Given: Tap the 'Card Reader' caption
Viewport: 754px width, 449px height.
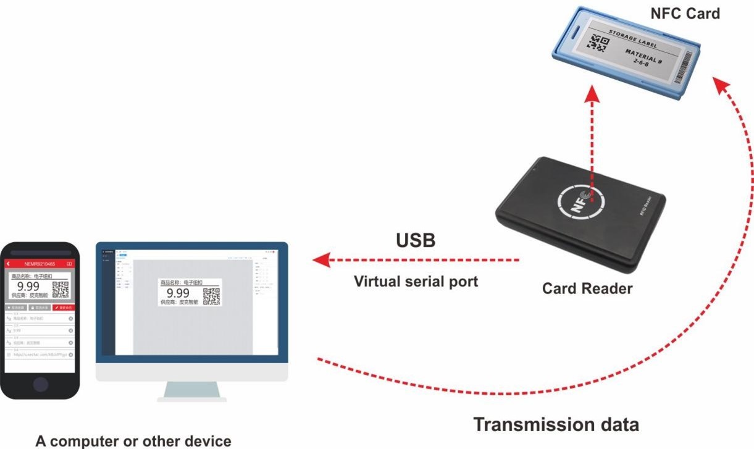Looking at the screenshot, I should click(587, 288).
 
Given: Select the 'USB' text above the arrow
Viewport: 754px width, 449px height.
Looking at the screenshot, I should click(415, 240).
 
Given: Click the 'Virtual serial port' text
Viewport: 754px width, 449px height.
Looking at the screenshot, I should click(416, 282).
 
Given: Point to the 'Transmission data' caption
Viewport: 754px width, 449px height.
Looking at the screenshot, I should click(556, 425).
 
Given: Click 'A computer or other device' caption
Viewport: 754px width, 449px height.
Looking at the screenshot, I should click(133, 441).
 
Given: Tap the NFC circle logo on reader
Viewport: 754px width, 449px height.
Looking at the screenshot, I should click(581, 199).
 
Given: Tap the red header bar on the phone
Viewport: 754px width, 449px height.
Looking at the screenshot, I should click(40, 264).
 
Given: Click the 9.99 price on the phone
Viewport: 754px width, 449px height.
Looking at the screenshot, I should click(28, 287).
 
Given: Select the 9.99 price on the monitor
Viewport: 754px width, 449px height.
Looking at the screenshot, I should click(178, 293).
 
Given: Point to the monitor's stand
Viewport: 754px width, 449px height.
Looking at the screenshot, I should click(192, 391).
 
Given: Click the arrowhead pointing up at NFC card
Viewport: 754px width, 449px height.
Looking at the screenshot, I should click(592, 93).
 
